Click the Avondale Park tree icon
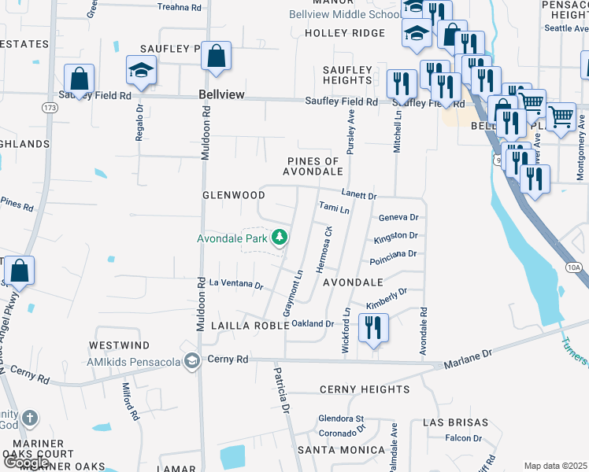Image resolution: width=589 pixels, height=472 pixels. pos(279,237)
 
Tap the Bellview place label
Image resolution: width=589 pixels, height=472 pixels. pos(220,94)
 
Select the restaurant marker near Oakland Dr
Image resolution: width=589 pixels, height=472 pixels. pos(373,327)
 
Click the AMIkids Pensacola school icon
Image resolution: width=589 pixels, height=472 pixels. pos(191,360)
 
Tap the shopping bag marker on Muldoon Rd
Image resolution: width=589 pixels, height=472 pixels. pos(216,57)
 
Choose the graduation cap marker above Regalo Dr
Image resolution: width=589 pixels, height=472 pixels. pos(142,72)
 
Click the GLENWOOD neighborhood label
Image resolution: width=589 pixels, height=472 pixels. pos(234,195)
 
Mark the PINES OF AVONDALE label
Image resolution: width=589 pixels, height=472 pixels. pos(314,166)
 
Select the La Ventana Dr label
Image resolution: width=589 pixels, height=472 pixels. pos(236,283)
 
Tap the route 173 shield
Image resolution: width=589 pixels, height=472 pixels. pos(50,106)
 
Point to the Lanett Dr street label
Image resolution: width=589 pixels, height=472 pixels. pos(359,194)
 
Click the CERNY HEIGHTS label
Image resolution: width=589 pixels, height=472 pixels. pos(365,389)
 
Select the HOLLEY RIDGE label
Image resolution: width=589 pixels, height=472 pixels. pos(345,33)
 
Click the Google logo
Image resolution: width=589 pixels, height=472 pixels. pos(26,463)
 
